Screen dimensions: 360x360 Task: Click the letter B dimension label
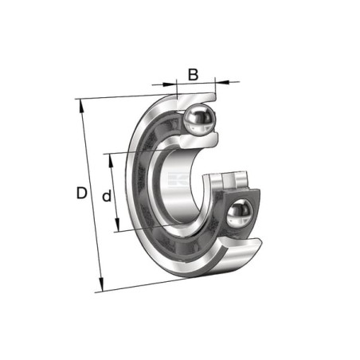point(193,75)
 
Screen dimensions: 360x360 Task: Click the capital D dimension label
point(82,193)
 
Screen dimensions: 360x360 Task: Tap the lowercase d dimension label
point(107,195)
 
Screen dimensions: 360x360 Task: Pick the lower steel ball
point(239,213)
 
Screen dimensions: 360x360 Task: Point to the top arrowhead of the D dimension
point(81,106)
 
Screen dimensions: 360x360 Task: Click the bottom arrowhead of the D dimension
point(101,284)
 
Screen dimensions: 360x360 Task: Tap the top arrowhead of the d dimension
point(111,161)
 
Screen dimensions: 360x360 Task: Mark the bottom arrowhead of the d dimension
point(117,225)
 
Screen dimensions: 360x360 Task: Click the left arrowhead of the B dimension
point(170,84)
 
